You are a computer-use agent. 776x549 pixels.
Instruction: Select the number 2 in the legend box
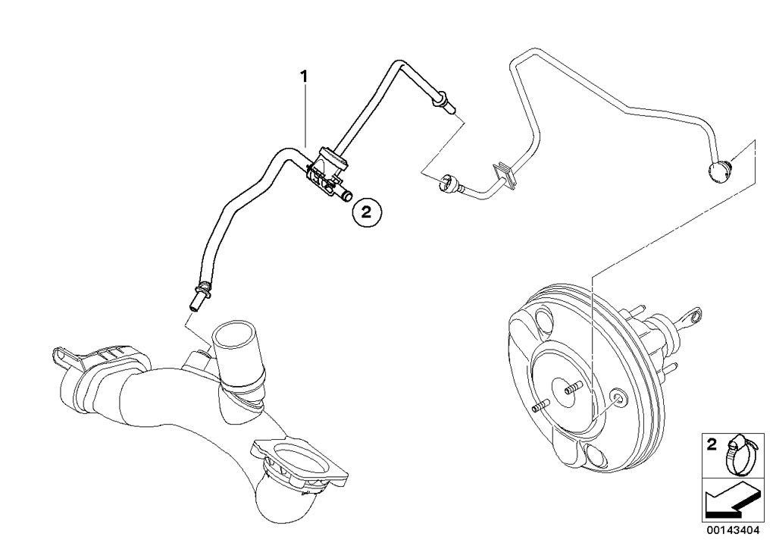point(712,445)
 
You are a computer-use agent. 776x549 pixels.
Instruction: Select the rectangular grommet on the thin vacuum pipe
point(502,173)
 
